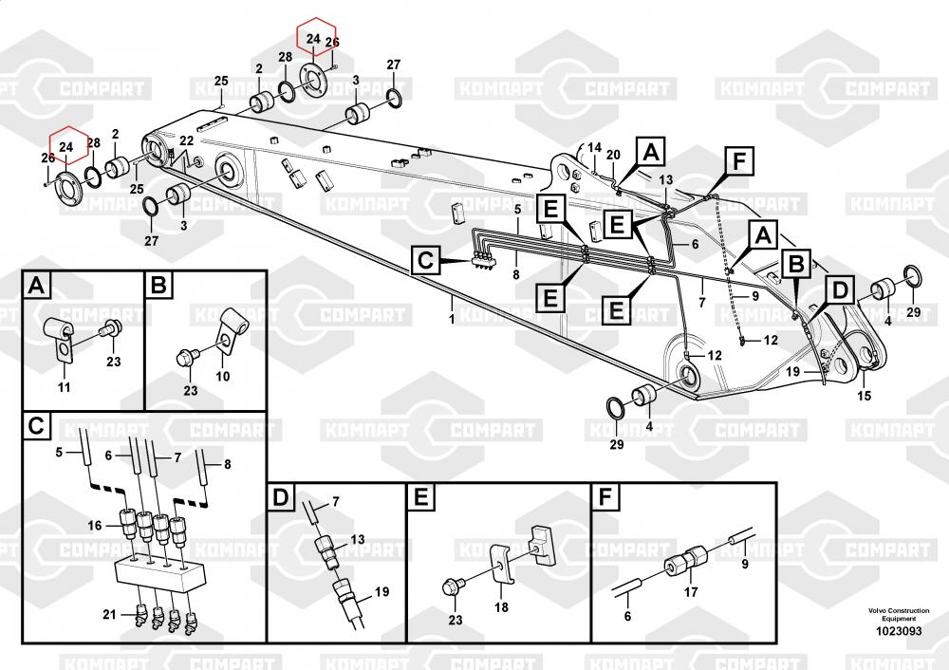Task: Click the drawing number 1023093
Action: click(x=898, y=631)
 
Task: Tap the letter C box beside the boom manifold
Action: click(x=425, y=261)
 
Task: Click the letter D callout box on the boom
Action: click(x=840, y=289)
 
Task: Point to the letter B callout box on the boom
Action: click(x=796, y=265)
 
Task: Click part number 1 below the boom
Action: click(x=452, y=319)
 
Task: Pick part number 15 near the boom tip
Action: click(x=865, y=396)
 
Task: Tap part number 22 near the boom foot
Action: click(x=186, y=141)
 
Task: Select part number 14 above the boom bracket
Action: click(x=594, y=148)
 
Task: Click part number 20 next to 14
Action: click(x=613, y=155)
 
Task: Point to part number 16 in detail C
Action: click(x=94, y=526)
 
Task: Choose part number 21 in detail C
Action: click(x=109, y=614)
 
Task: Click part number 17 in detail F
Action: click(x=691, y=592)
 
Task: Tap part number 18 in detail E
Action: click(x=501, y=606)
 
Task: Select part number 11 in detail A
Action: click(x=64, y=387)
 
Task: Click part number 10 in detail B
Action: click(x=223, y=377)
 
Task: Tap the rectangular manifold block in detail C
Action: click(x=158, y=571)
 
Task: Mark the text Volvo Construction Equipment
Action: click(x=899, y=614)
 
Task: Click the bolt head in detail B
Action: click(x=184, y=357)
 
